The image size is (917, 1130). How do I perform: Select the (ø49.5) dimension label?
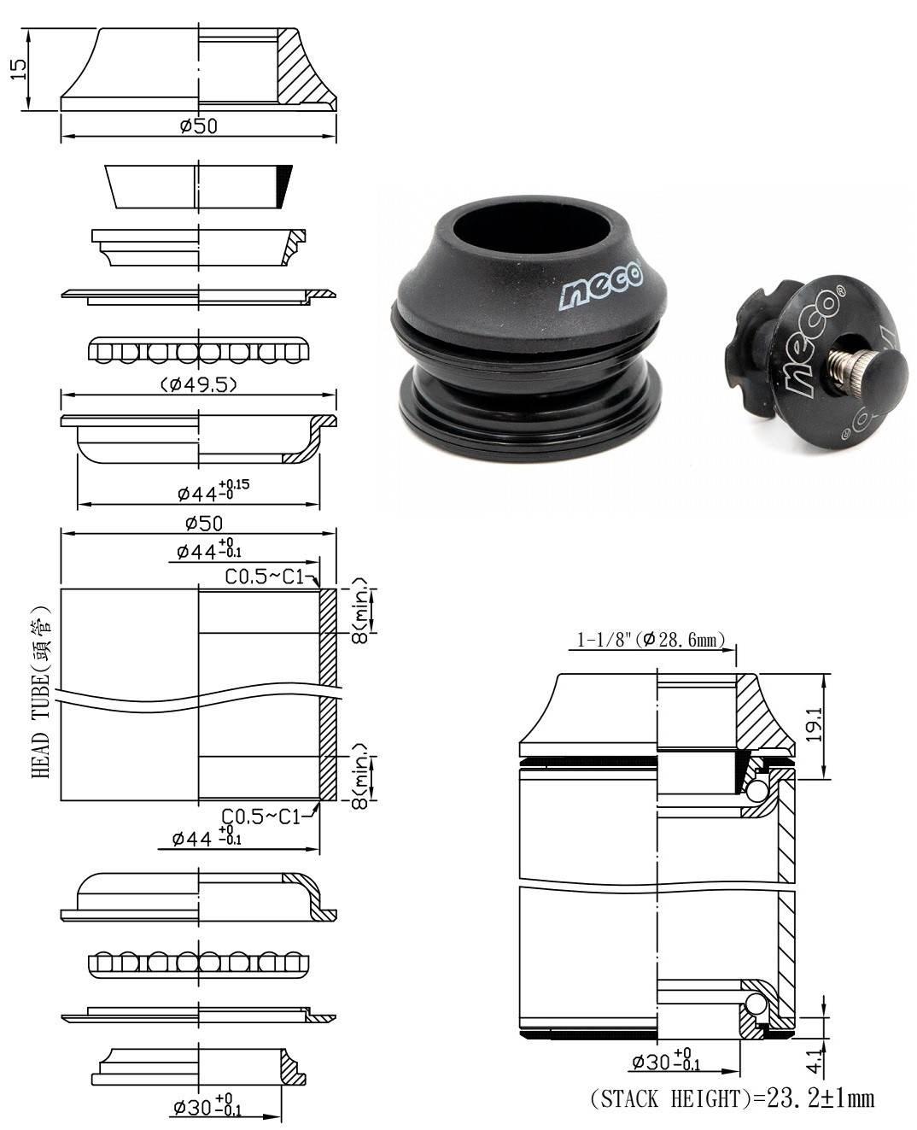click(x=199, y=384)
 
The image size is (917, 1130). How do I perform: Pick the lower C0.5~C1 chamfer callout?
click(x=260, y=817)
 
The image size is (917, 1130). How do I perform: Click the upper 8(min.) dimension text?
click(x=363, y=610)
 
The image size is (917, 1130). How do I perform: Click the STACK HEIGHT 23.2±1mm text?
click(x=732, y=1098)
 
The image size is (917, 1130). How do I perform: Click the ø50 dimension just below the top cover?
click(x=198, y=126)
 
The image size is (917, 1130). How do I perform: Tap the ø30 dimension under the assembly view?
click(x=666, y=1062)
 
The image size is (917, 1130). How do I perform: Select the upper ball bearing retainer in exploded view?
click(x=199, y=351)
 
